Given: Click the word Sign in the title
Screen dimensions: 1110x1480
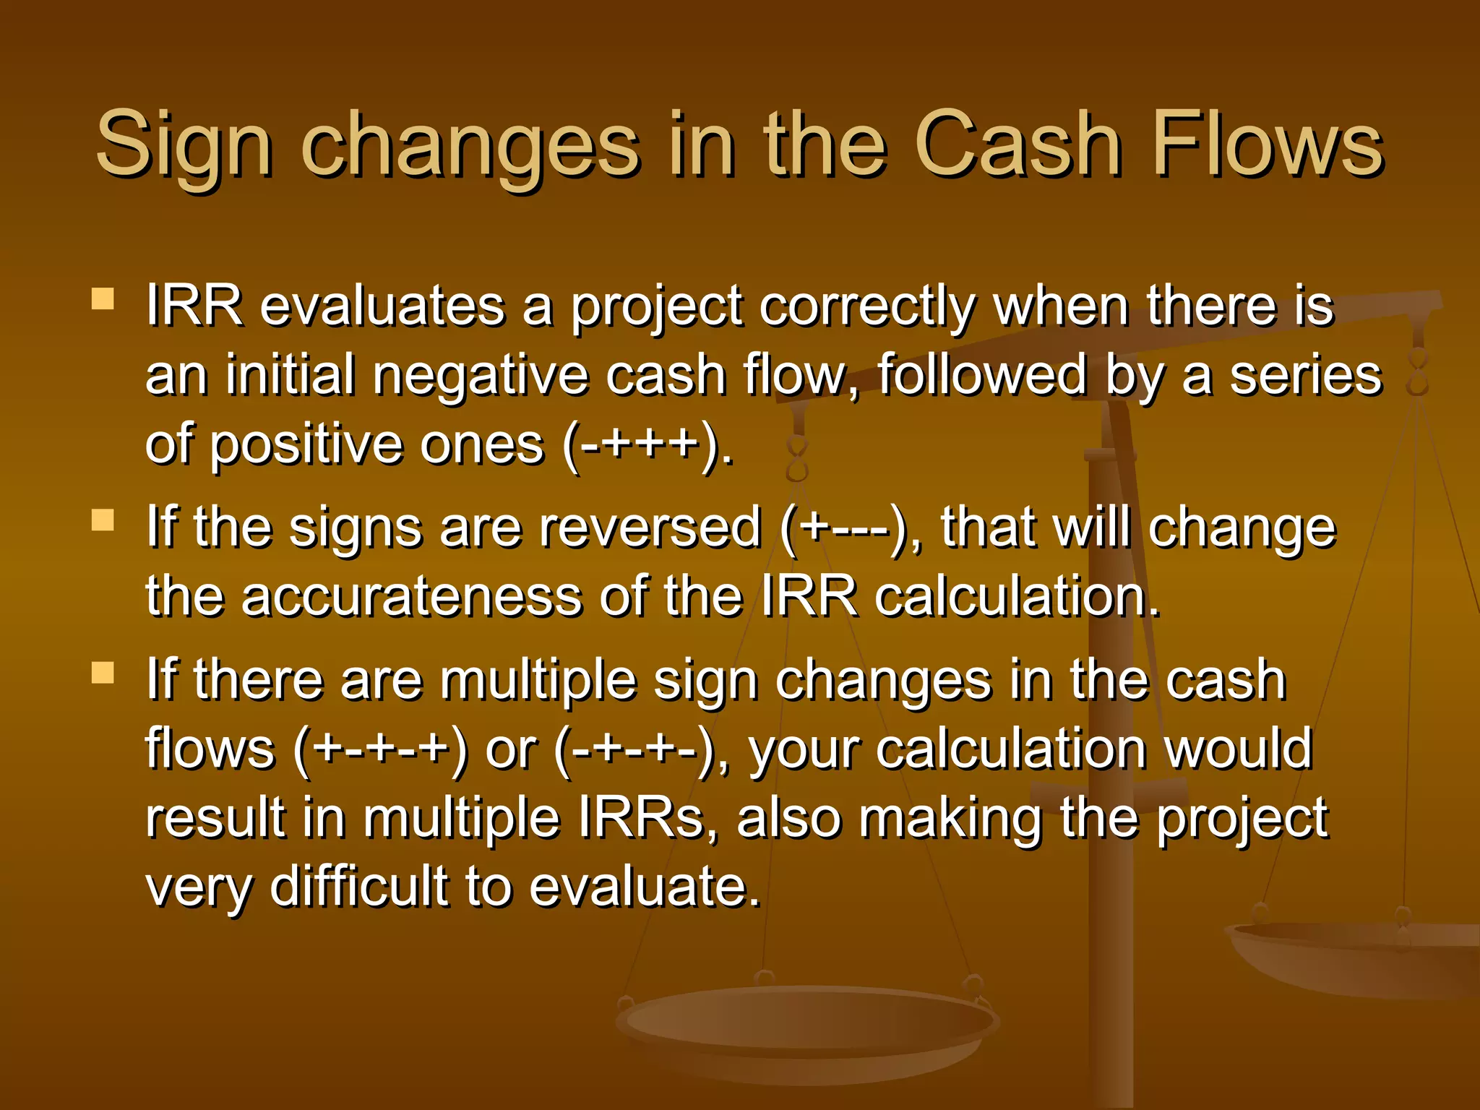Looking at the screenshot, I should pos(184,145).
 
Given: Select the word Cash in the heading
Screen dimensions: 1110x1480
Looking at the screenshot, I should pos(1017,145).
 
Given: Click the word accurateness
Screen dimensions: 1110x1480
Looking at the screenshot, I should pos(411,597).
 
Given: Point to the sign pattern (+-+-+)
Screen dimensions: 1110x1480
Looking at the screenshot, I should pos(381,749).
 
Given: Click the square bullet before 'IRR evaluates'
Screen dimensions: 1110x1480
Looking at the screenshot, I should pos(103,299).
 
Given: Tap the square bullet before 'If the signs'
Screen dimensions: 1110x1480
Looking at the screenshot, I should pos(103,520).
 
